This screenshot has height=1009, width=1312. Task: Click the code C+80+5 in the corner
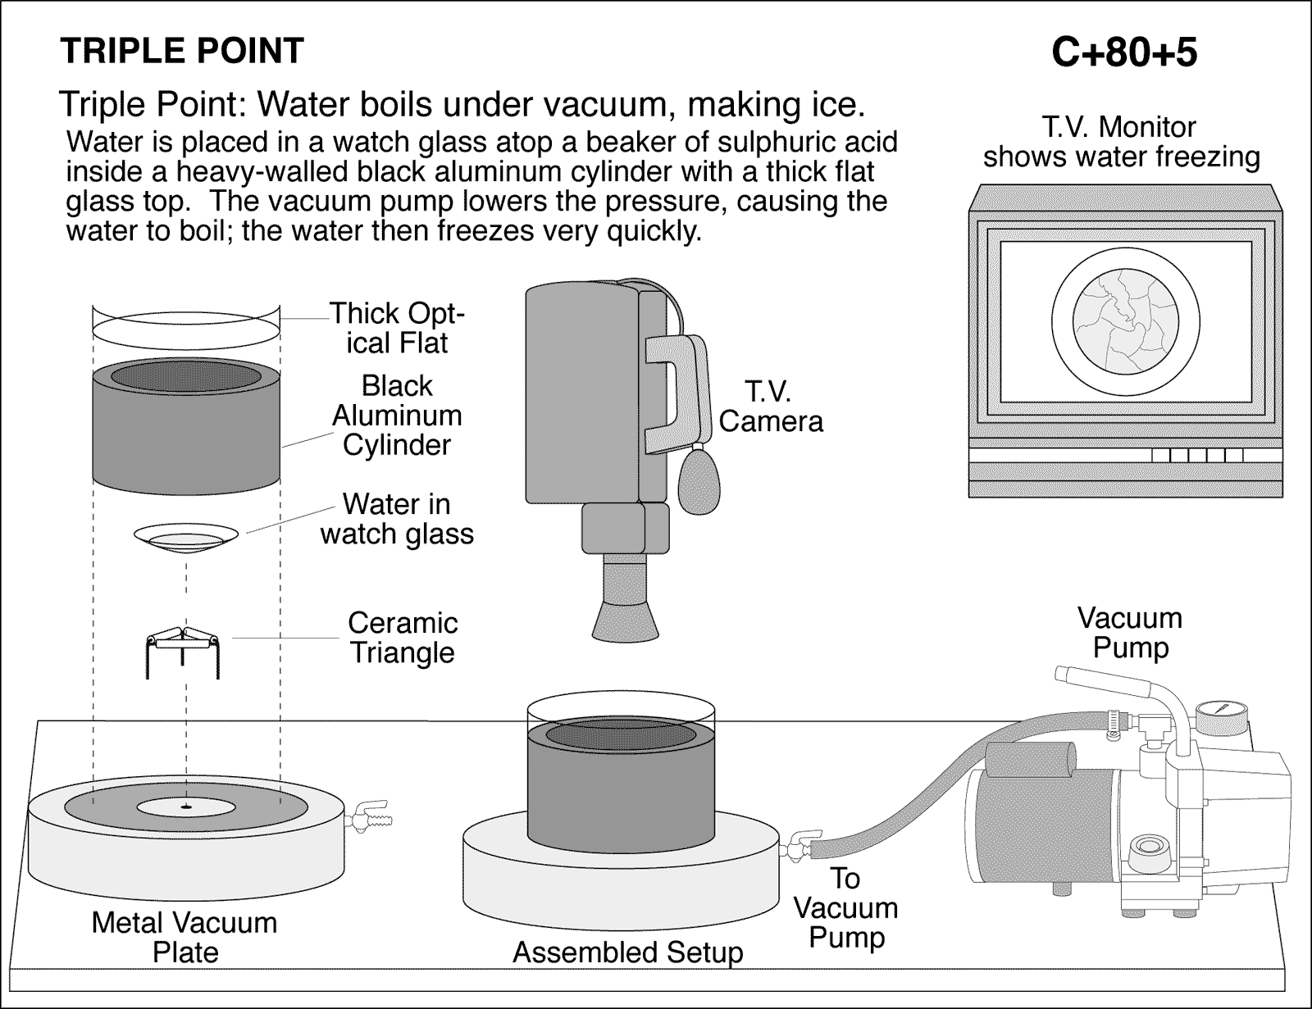[1123, 52]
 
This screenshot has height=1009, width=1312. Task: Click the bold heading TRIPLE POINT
[182, 51]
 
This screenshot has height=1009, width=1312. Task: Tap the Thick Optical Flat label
[397, 328]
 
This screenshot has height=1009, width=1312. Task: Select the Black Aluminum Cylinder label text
[397, 415]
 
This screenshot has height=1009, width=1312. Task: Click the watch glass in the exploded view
[187, 538]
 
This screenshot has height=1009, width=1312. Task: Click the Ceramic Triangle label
[402, 638]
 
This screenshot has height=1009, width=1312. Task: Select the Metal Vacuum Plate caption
[184, 937]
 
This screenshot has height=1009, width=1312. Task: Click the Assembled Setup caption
[627, 952]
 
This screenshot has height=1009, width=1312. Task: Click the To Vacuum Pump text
[845, 907]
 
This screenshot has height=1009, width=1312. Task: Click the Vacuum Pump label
[1130, 632]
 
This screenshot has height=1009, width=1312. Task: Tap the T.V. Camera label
[770, 407]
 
